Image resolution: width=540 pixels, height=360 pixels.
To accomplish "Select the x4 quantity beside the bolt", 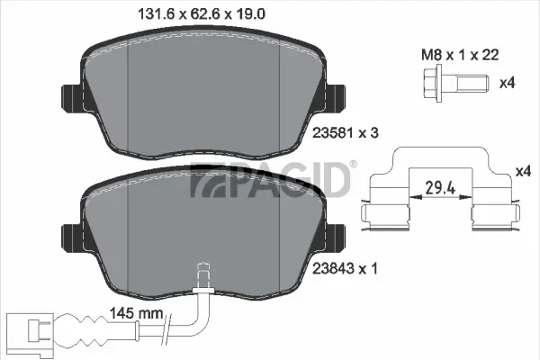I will (506, 84).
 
